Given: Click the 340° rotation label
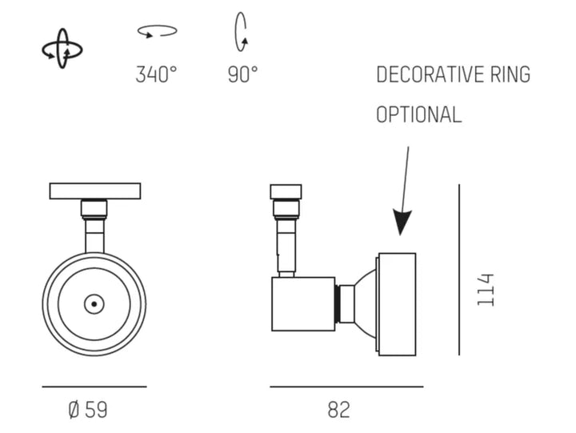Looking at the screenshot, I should click(156, 75).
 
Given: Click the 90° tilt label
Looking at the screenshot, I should click(242, 75).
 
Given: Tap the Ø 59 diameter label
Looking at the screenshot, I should click(88, 410).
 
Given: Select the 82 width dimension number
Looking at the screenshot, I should click(338, 410).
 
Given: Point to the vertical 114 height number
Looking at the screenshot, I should click(486, 290).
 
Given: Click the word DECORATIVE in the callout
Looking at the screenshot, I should click(422, 75).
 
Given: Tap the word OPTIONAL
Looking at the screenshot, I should click(418, 114).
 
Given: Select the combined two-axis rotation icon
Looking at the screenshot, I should click(62, 50).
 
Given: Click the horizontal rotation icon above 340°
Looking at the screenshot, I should click(157, 31).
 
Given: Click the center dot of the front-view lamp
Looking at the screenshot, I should click(94, 304).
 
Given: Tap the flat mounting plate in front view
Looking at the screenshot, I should click(94, 191).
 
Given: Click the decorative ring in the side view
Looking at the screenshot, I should click(397, 304).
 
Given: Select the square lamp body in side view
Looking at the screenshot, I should click(303, 304).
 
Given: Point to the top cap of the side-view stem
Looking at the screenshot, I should click(286, 191).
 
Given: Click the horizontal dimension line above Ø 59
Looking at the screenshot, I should click(94, 387).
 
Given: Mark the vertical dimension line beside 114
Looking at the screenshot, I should click(459, 270).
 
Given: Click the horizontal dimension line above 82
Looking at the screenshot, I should click(346, 387).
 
